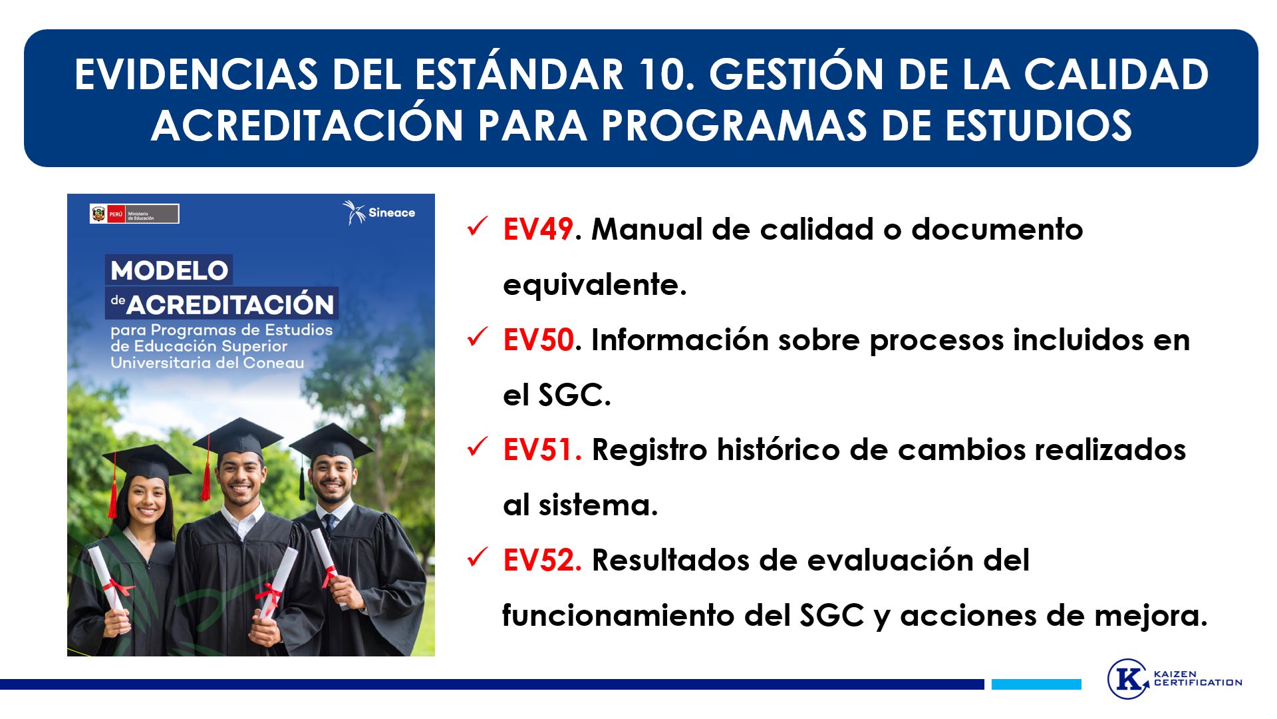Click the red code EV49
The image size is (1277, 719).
click(538, 230)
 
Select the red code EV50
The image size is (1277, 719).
click(538, 340)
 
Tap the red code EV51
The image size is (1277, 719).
click(542, 450)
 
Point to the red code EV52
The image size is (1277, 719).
click(542, 561)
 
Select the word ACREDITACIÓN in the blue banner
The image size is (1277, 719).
click(307, 124)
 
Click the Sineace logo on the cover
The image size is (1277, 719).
click(378, 212)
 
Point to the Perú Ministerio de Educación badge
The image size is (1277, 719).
click(134, 214)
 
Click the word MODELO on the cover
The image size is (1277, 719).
click(170, 271)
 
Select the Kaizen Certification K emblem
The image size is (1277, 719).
click(1128, 678)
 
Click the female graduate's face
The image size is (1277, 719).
click(146, 500)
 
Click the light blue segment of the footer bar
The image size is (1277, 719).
click(1036, 684)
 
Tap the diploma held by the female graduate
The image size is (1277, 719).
click(108, 579)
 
